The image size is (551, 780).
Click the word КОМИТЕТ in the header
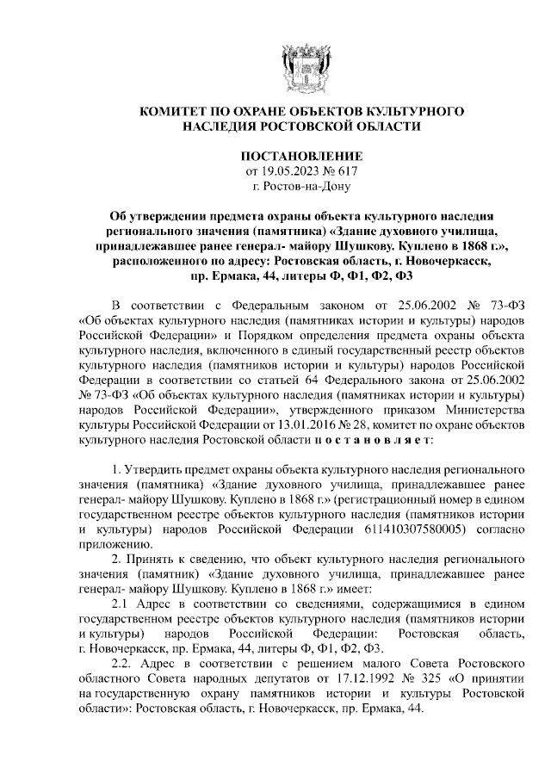pos(176,112)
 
